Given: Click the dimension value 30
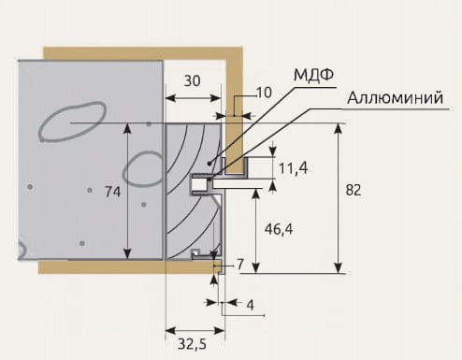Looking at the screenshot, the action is tap(192, 80).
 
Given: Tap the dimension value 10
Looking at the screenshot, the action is tap(264, 93).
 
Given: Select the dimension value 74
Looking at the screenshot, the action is tap(112, 192).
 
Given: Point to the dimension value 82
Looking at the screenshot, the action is tap(354, 190).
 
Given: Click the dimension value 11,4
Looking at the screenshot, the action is tap(293, 168).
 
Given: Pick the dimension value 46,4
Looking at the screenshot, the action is tap(279, 229).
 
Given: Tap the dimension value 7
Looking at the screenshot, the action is tap(240, 265).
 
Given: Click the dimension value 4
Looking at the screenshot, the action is tap(250, 305).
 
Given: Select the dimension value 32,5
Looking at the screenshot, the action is tap(193, 344).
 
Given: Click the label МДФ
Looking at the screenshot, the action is tap(313, 75).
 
